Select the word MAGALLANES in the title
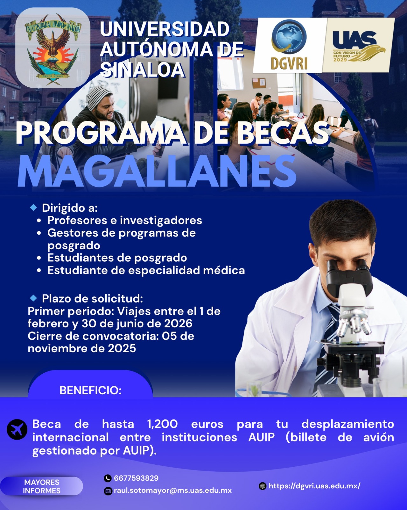pos(157,171)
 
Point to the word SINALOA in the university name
pos(142,70)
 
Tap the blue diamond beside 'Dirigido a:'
pos(33,208)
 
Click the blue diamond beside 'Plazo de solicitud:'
pos(33,298)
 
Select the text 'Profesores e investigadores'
pos(125,220)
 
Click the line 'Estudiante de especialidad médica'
pos(146,270)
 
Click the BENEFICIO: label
pos(90,390)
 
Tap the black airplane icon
pos(17,429)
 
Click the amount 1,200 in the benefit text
pos(162,424)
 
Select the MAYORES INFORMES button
pos(42,486)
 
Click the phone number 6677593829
pos(136,478)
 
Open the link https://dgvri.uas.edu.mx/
pos(314,486)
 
